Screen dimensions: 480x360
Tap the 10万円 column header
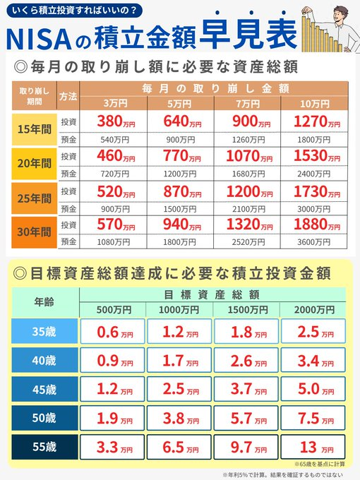coord(313,103)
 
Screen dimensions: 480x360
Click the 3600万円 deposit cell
coord(313,242)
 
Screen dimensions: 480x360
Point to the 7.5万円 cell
coord(313,419)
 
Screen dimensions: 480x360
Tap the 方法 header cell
coord(68,95)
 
